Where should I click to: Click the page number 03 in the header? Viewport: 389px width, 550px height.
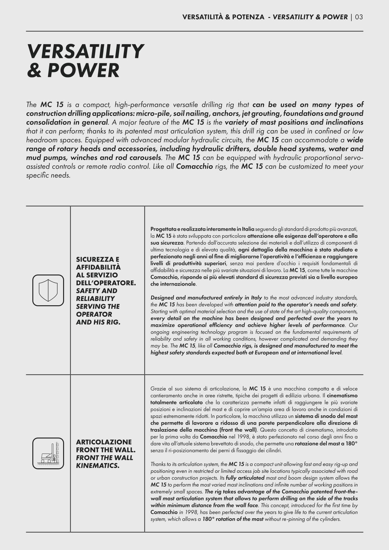[359, 17]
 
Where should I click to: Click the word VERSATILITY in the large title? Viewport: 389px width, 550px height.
[85, 52]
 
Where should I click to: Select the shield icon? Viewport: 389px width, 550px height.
[48, 290]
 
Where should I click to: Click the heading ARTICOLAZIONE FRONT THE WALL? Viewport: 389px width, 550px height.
[106, 446]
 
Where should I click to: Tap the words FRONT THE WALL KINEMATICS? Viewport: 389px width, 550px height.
[104, 461]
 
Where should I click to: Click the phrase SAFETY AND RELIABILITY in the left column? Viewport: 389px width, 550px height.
[96, 294]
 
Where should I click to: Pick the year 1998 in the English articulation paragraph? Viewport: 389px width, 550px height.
[191, 512]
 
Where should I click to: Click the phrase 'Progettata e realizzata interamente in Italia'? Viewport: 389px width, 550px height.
[202, 229]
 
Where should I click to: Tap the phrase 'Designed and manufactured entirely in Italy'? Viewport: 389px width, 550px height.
[206, 297]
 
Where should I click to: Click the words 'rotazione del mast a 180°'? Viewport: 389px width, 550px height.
[326, 443]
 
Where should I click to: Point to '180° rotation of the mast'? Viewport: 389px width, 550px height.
[233, 519]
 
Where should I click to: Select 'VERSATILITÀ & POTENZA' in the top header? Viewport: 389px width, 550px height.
[223, 17]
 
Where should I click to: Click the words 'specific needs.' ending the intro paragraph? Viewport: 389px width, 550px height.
[48, 175]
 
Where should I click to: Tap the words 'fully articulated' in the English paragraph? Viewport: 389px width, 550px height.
[245, 478]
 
